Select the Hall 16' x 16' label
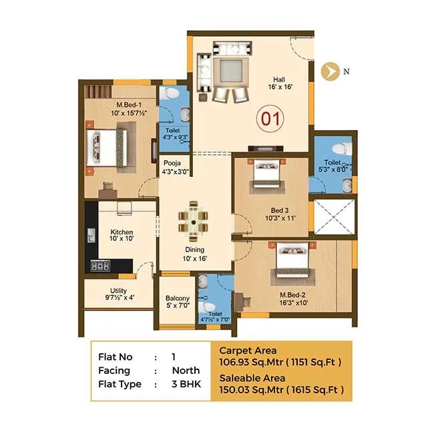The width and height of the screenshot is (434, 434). (x=280, y=81)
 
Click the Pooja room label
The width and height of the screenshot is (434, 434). (x=175, y=167)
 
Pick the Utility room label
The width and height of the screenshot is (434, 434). (x=118, y=294)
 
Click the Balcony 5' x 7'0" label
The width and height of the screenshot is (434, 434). (x=178, y=302)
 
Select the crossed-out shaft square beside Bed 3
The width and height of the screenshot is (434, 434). (x=331, y=218)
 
